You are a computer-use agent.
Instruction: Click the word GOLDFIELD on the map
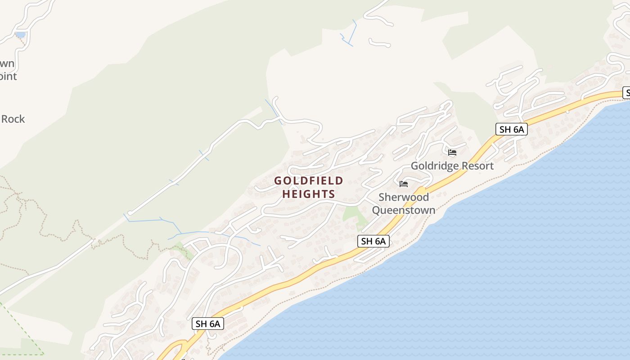[309, 181]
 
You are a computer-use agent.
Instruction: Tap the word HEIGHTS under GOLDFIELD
[309, 194]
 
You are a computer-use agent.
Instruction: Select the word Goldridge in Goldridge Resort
[432, 166]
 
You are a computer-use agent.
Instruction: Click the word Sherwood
[404, 197]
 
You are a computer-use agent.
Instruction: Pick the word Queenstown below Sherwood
[404, 210]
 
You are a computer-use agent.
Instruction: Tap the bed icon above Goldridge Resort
[452, 153]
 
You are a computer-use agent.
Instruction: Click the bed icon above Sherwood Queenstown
[404, 184]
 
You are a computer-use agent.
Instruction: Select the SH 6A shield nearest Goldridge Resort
[512, 130]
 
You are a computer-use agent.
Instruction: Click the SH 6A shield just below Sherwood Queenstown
[373, 241]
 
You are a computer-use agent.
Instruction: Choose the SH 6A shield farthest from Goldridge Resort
[208, 324]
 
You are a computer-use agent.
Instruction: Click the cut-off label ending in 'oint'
[8, 76]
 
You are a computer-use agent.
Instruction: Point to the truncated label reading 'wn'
[7, 64]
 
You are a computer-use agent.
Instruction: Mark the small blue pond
[20, 34]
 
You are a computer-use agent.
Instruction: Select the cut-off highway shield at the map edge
[626, 93]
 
